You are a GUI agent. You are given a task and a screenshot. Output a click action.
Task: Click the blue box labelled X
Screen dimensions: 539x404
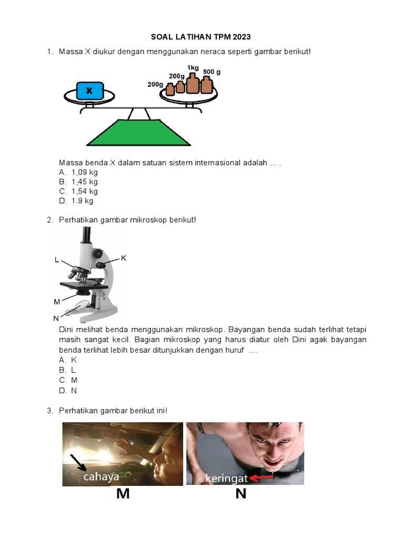(89, 91)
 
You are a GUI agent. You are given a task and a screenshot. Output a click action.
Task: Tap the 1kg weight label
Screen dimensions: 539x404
(193, 68)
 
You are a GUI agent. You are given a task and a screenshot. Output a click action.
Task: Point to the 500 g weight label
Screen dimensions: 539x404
(212, 72)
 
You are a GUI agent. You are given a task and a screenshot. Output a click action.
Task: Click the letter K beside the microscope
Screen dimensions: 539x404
(124, 258)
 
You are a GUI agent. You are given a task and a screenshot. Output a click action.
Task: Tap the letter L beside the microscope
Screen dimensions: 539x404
(57, 260)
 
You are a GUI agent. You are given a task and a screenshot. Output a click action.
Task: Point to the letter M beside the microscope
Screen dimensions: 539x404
(57, 302)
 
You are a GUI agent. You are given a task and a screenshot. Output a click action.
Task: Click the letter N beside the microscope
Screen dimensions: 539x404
(56, 318)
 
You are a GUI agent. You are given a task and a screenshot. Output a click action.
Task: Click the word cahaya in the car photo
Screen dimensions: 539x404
(102, 477)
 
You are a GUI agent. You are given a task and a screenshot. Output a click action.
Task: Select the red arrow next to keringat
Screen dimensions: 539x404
(261, 477)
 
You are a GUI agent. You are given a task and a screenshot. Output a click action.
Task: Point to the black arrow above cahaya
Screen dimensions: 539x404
(78, 462)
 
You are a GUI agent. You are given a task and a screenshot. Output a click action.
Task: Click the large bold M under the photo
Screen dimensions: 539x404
(123, 494)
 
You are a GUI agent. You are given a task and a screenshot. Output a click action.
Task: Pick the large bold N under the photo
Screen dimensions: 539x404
(241, 494)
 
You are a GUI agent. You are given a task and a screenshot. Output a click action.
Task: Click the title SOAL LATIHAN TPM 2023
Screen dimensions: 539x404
(200, 37)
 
